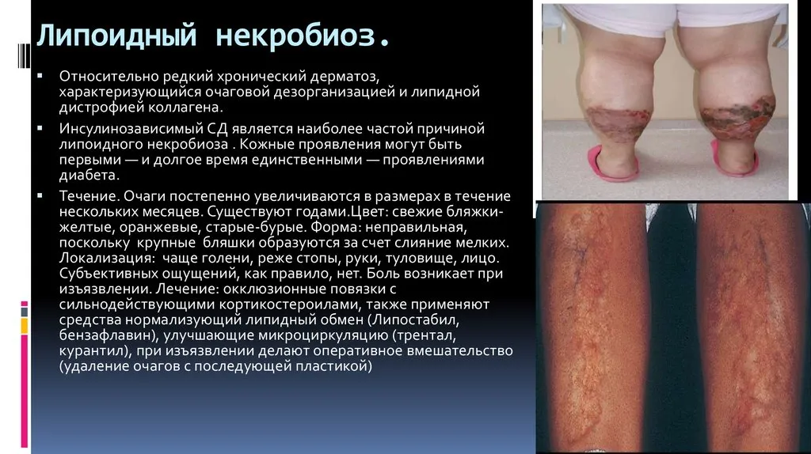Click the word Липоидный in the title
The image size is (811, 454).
[116, 36]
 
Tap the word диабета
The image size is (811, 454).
[88, 175]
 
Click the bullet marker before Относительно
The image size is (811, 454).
[40, 76]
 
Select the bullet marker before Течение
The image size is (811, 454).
[40, 195]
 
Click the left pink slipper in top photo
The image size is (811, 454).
[615, 165]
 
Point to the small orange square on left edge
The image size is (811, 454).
[25, 326]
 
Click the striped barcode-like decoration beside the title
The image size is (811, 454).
[24, 55]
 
